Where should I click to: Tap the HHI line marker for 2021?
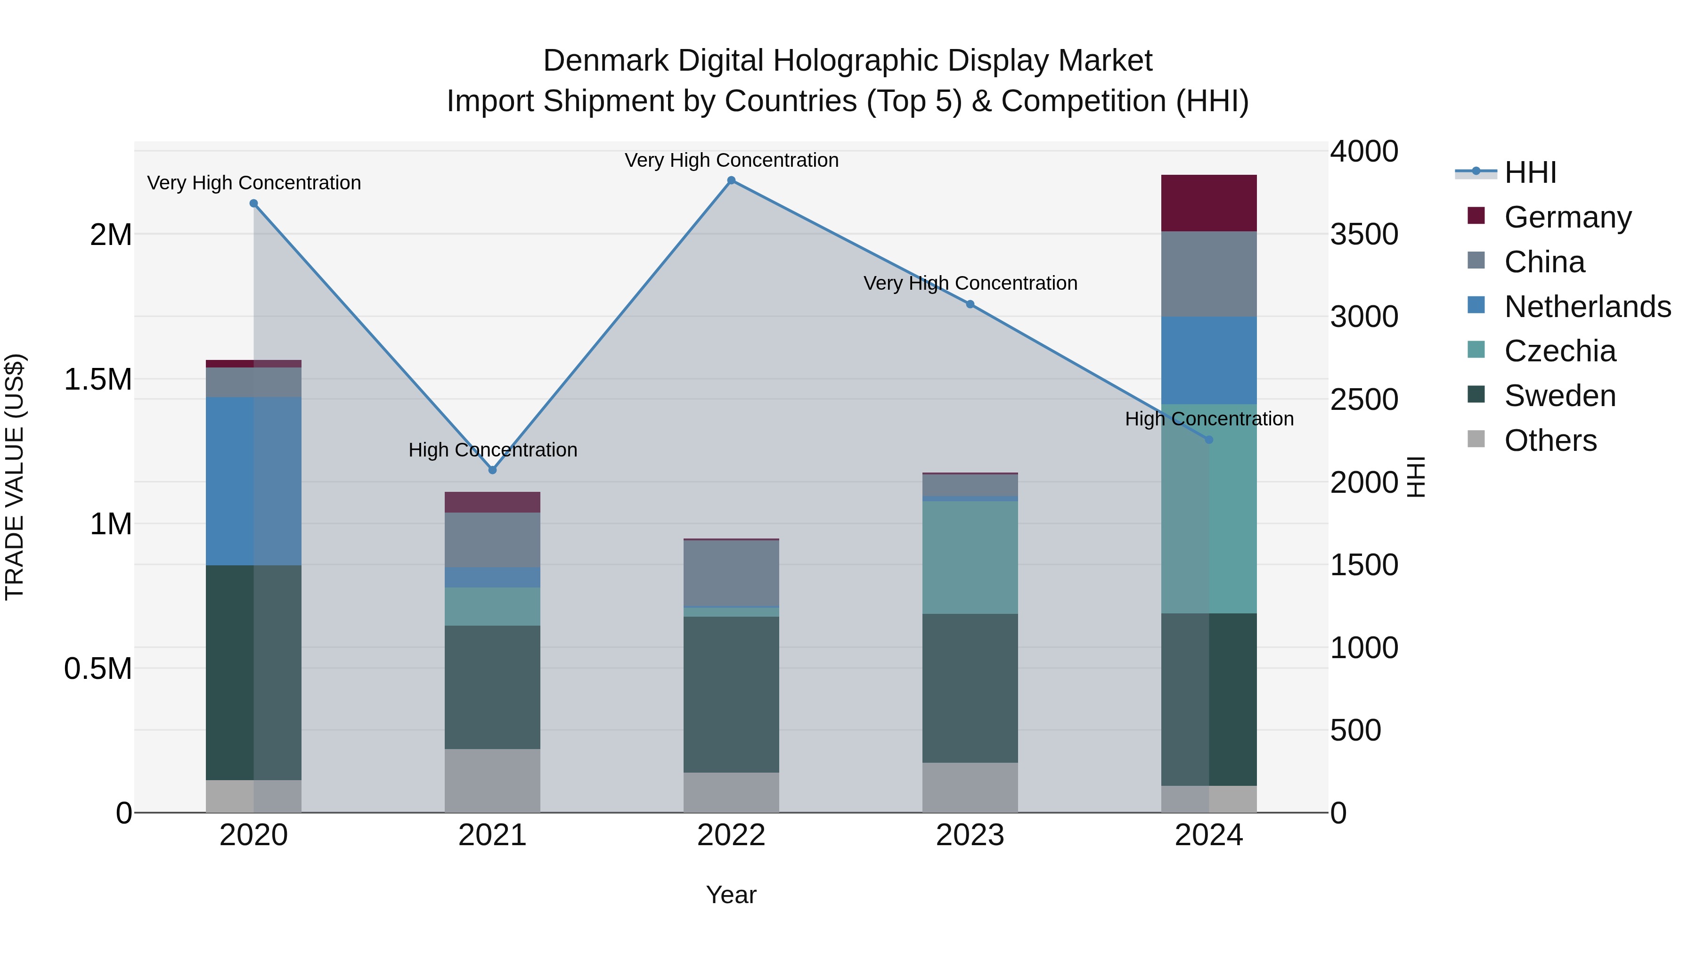point(492,470)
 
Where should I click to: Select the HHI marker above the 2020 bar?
point(253,204)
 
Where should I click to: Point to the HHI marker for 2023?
point(970,304)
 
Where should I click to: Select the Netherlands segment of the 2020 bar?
point(253,481)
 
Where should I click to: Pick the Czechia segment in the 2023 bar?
point(970,557)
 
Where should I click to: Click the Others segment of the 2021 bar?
point(492,780)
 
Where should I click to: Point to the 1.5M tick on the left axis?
point(98,380)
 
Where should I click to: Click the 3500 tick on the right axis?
point(1363,235)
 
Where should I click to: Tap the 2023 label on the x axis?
point(970,835)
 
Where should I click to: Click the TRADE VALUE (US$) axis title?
point(15,477)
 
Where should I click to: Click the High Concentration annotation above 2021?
point(492,450)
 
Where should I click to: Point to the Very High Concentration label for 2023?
point(970,283)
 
